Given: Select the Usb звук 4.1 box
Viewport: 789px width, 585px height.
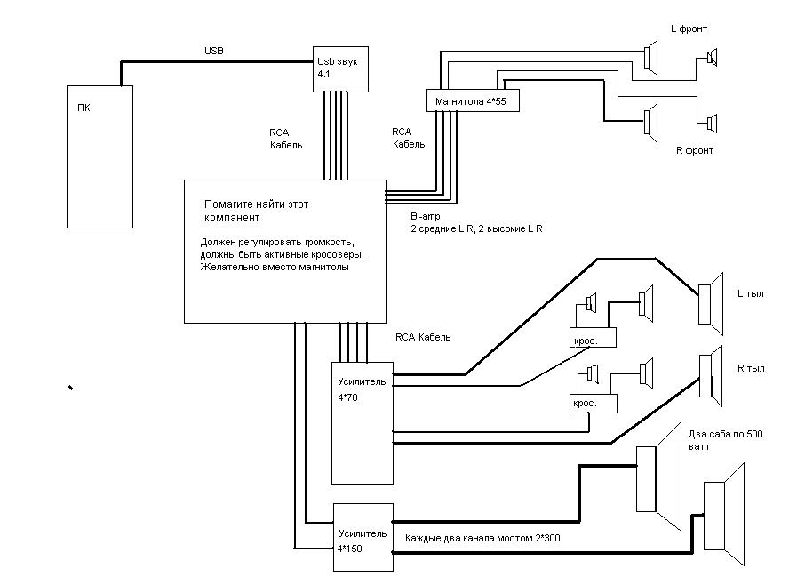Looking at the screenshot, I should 340,68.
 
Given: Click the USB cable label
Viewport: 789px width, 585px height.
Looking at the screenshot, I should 214,52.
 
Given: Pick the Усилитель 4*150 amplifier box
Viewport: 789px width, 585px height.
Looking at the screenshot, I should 362,537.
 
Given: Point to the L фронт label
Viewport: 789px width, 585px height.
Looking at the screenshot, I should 689,29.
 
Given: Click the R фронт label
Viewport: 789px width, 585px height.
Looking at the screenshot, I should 695,150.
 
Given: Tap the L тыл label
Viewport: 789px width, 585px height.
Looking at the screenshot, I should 751,293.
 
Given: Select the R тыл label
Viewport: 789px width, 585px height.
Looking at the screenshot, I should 751,366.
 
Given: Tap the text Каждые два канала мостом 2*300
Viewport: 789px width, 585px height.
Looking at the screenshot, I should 482,538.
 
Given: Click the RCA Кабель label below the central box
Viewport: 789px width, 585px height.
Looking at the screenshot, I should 422,337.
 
